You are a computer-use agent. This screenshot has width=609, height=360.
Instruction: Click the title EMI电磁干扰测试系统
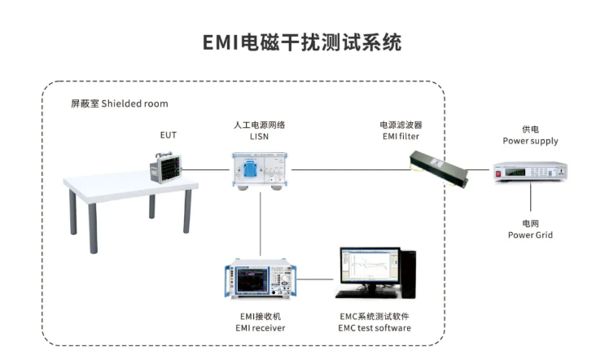click(303, 42)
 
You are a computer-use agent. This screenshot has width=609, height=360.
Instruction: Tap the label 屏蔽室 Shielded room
click(120, 104)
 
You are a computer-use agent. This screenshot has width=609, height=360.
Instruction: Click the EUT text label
click(167, 134)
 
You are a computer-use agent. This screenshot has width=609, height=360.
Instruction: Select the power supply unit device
click(530, 172)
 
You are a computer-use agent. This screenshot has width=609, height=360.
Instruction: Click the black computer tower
click(407, 272)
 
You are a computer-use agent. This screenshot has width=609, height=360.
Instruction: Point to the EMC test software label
click(375, 322)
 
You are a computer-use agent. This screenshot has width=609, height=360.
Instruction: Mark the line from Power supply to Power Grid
click(530, 200)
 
